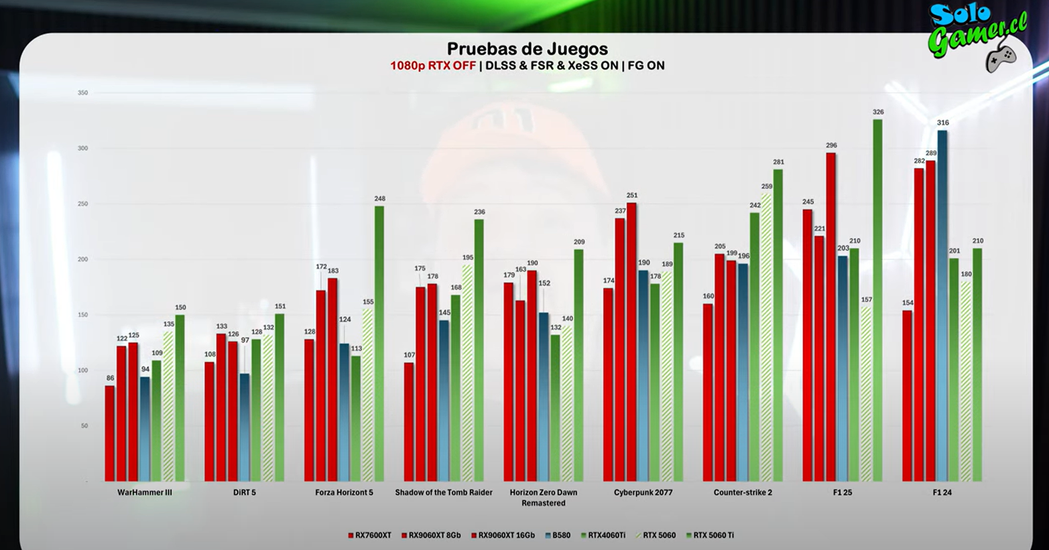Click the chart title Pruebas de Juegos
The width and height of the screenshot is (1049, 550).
tap(527, 49)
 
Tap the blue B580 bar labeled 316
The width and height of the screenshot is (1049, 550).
tap(942, 305)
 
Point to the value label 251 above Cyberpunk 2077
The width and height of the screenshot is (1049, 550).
tap(631, 196)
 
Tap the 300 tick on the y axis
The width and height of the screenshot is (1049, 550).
tap(82, 148)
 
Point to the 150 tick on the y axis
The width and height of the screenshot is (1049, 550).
tap(82, 315)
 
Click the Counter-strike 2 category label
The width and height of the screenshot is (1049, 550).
tap(743, 492)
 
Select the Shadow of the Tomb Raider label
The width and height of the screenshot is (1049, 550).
tap(444, 492)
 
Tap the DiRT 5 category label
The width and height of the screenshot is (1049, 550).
tap(245, 492)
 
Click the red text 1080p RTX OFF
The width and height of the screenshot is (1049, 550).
tap(433, 66)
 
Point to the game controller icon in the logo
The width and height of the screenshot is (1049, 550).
tap(1001, 58)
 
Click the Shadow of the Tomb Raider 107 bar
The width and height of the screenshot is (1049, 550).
tap(409, 421)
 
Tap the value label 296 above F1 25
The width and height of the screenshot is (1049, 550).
tap(831, 145)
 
